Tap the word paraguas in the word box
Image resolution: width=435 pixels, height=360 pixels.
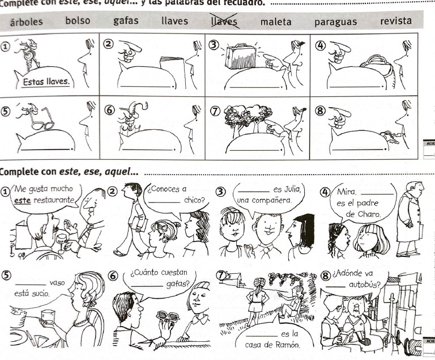coord(335,23)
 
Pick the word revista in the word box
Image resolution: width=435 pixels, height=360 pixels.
coord(396,22)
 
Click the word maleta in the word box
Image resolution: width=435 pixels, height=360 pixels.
coord(276,23)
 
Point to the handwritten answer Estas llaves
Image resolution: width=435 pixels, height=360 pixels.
coord(46,82)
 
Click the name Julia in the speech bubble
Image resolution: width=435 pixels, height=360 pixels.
coord(293,189)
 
